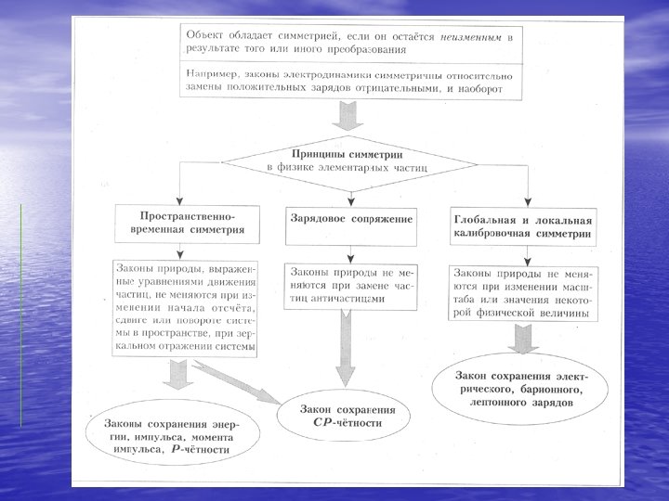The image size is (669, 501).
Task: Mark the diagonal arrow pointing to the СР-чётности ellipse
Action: click(x=243, y=380)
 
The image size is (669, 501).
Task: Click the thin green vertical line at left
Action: click(x=20, y=315)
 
